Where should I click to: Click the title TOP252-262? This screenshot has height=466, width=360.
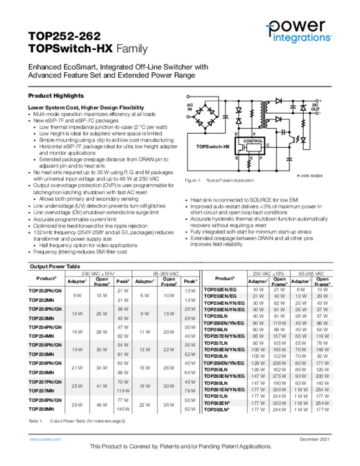click(64, 36)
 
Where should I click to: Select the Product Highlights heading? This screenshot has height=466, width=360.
click(56, 96)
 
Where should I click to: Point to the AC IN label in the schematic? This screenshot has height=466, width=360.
click(190, 107)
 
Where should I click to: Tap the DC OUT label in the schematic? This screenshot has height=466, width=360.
click(315, 107)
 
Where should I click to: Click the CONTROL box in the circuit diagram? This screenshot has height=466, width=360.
click(253, 142)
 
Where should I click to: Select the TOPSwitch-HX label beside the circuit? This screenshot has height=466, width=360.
click(213, 147)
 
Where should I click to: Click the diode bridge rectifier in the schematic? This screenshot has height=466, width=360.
click(205, 116)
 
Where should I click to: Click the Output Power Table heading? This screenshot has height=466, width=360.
click(55, 266)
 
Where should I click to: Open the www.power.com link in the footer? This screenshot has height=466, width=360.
click(45, 439)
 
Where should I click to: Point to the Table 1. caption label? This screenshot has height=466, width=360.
click(35, 421)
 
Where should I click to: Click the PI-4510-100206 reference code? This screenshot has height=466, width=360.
click(309, 175)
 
